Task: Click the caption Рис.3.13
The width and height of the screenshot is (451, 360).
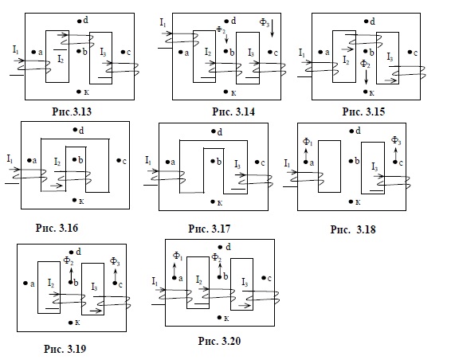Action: (x=72, y=112)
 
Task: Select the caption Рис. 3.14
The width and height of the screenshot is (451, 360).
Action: (x=233, y=112)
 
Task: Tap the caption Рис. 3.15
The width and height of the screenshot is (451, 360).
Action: (x=363, y=112)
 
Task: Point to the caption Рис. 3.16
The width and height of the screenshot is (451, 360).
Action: (x=57, y=228)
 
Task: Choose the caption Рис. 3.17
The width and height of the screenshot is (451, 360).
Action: (x=210, y=229)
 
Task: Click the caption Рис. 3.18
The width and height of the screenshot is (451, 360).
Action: (x=353, y=229)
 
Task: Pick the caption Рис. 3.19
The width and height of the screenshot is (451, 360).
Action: (x=65, y=349)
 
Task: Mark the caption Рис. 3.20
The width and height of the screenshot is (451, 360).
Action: (x=219, y=341)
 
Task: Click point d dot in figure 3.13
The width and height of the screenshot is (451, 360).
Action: (x=79, y=21)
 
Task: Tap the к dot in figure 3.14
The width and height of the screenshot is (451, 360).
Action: (x=225, y=92)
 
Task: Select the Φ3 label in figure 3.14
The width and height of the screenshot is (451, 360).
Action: (x=265, y=22)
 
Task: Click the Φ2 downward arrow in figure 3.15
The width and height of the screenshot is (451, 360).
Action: (x=367, y=76)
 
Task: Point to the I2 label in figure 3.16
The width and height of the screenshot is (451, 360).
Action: (x=57, y=162)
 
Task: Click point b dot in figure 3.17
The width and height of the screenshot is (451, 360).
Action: (x=213, y=162)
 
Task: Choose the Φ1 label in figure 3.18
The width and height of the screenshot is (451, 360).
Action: (x=308, y=142)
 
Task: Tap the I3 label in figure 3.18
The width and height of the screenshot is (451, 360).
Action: (x=375, y=166)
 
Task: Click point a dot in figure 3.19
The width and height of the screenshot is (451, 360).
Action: (x=25, y=284)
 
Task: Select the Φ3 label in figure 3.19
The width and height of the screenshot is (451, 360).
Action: (x=115, y=262)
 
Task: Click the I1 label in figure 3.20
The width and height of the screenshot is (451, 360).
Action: (x=155, y=281)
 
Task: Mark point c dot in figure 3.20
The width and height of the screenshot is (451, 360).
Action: (x=264, y=278)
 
